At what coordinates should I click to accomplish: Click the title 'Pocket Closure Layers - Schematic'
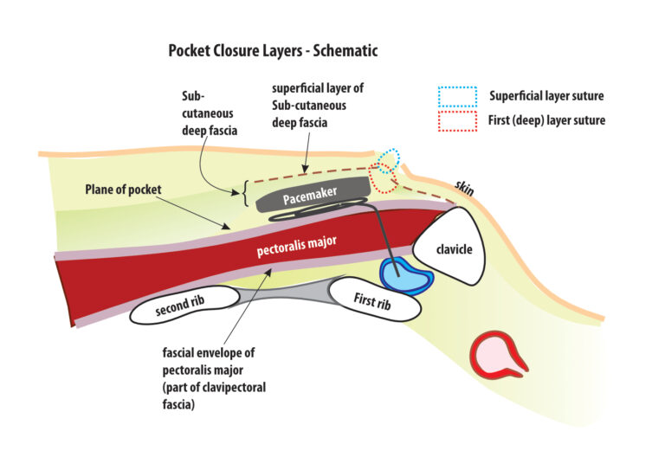tap(273, 51)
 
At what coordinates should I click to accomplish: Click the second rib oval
tap(185, 309)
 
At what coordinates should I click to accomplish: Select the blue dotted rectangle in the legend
tap(457, 96)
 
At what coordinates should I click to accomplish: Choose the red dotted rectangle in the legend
tap(457, 120)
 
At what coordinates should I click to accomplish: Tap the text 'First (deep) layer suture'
tap(547, 120)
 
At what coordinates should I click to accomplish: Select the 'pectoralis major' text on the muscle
tap(297, 248)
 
